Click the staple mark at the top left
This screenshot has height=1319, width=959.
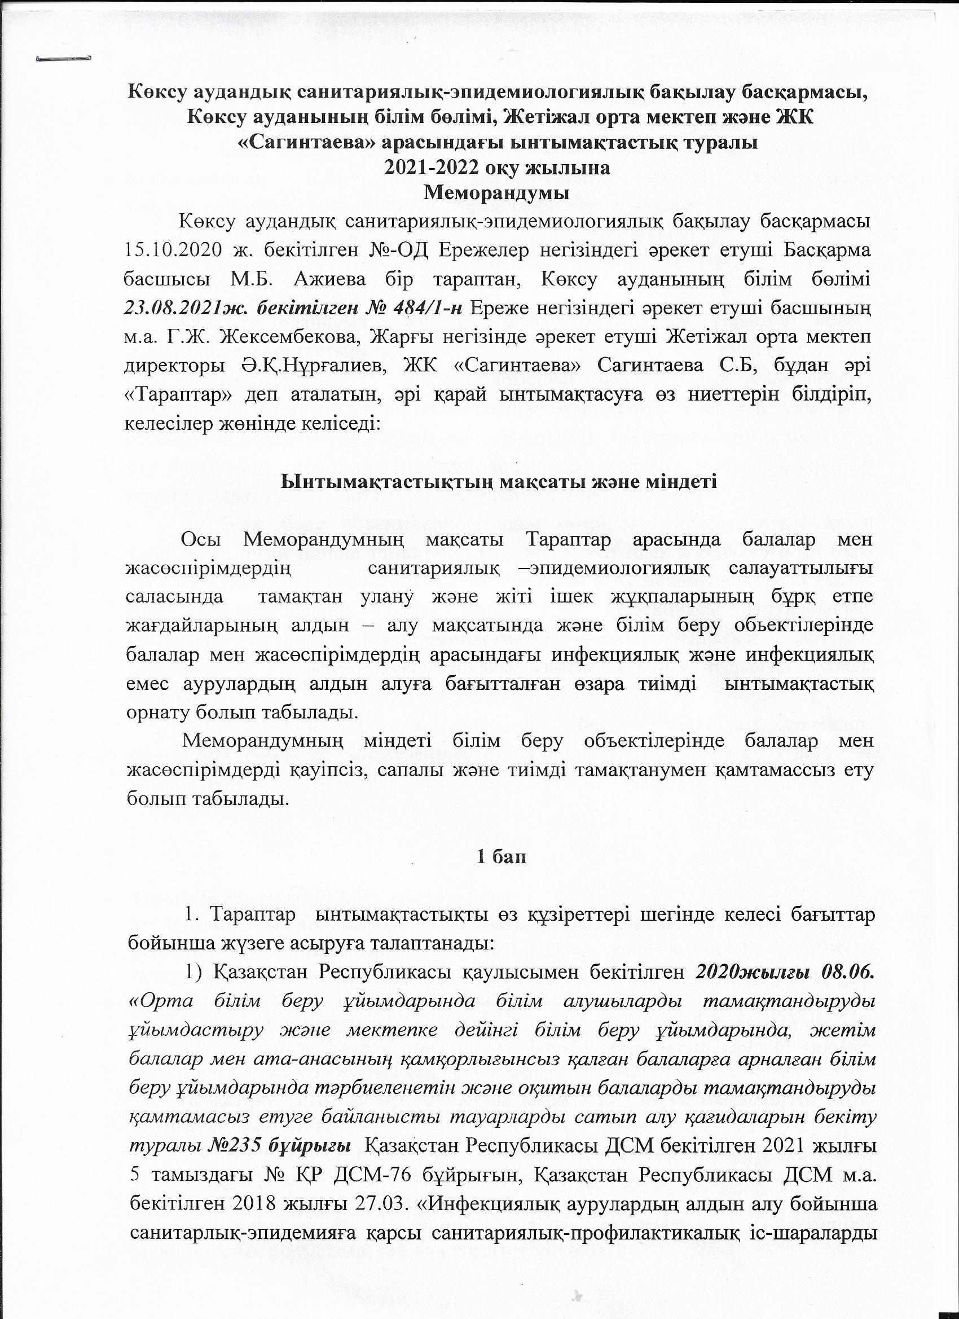(x=63, y=58)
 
